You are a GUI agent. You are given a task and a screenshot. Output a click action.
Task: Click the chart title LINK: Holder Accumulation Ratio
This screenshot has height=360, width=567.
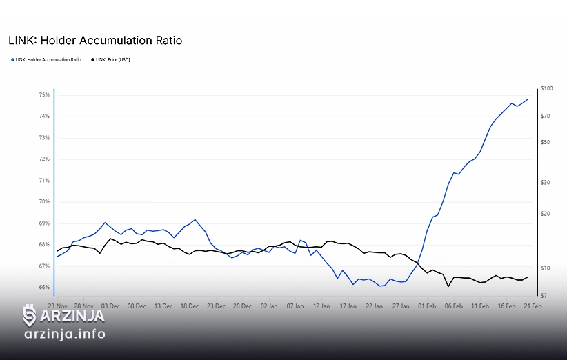(95, 41)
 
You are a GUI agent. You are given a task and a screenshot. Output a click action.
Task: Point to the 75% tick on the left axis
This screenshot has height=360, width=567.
(44, 94)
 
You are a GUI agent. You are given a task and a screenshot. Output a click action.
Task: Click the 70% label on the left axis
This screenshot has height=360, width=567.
(44, 202)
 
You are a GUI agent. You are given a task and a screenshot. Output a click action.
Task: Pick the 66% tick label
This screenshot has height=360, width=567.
(44, 288)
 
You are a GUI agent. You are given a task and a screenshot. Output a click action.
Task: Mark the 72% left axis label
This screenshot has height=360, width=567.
(44, 159)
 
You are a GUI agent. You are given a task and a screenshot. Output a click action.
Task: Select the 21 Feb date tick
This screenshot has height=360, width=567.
(533, 305)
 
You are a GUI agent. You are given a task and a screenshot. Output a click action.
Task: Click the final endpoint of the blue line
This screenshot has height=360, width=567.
(528, 99)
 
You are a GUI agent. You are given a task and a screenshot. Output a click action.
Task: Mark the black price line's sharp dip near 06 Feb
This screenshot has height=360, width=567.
(448, 286)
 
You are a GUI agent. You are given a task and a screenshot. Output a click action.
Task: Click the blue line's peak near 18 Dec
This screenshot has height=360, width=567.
(196, 220)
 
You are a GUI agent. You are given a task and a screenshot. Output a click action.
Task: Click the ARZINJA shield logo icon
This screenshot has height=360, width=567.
(30, 316)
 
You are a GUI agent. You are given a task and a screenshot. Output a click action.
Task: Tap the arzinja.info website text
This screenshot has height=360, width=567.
(64, 334)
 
